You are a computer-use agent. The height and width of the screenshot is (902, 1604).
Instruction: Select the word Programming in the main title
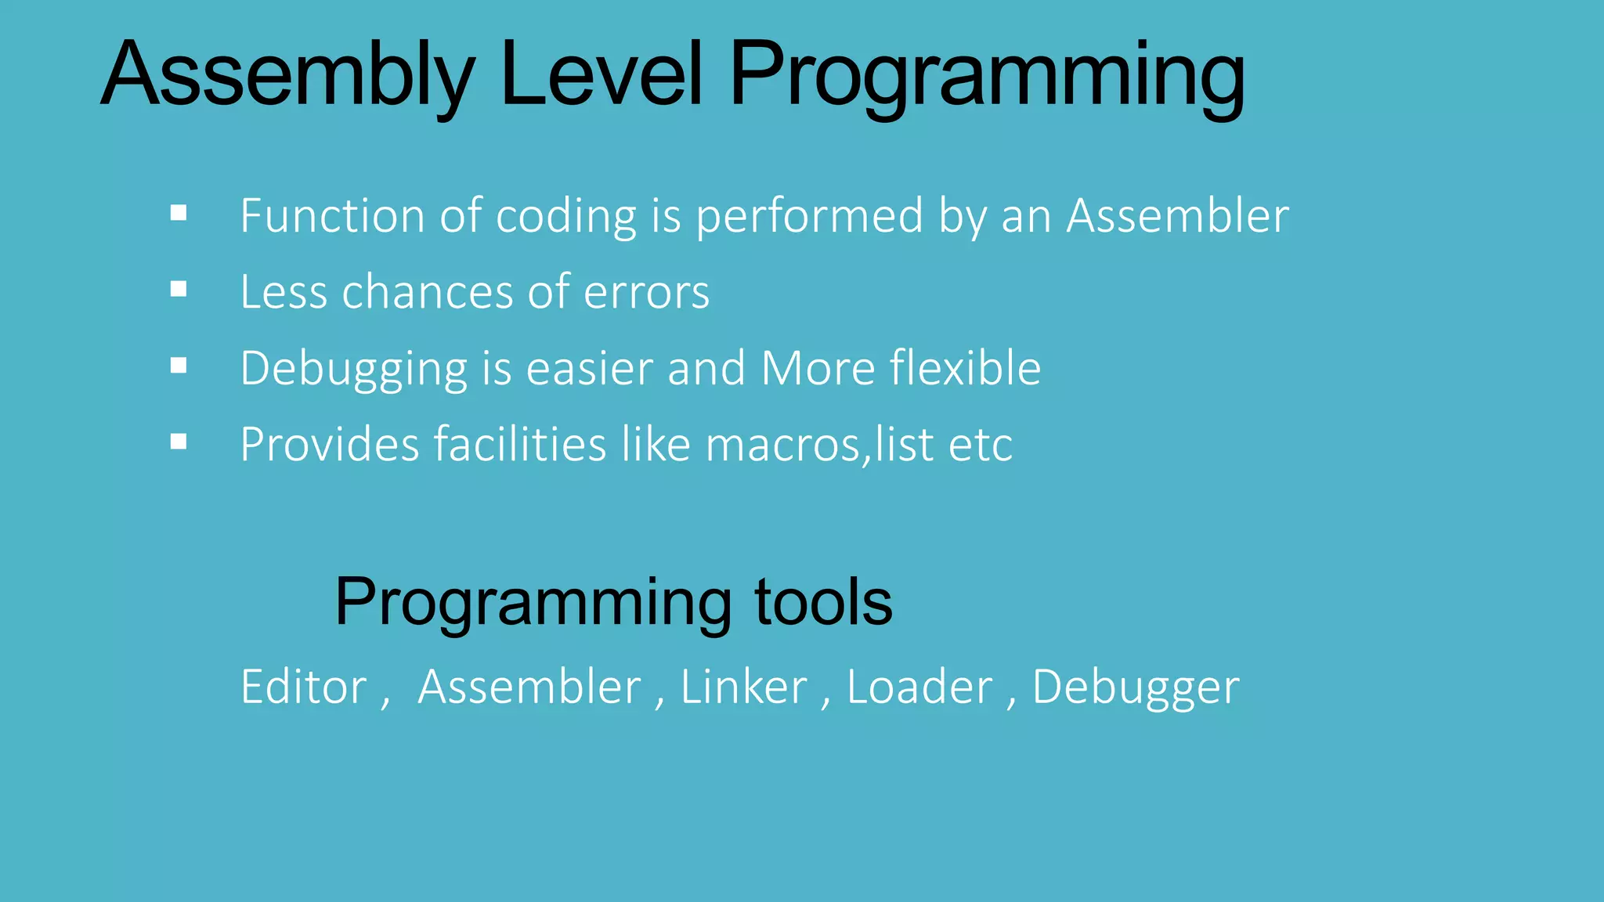coord(987,76)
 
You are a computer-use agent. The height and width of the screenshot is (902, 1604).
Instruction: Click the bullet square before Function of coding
coord(179,213)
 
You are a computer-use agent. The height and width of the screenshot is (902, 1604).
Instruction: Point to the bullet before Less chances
coord(179,290)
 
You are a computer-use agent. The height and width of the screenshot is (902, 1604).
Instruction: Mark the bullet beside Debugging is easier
coord(179,366)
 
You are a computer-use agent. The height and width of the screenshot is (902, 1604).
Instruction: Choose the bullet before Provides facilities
coord(179,442)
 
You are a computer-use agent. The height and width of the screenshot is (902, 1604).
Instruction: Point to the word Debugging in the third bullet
coord(353,370)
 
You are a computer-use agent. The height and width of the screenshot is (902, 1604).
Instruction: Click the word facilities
coord(520,445)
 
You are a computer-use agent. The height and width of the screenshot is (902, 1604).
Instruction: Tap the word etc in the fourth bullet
coord(980,446)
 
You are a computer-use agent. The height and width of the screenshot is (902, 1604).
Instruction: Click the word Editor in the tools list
coord(304,687)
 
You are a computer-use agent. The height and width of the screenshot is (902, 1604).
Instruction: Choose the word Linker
coord(743,687)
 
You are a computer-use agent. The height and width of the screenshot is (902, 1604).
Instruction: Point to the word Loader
coord(919,687)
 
